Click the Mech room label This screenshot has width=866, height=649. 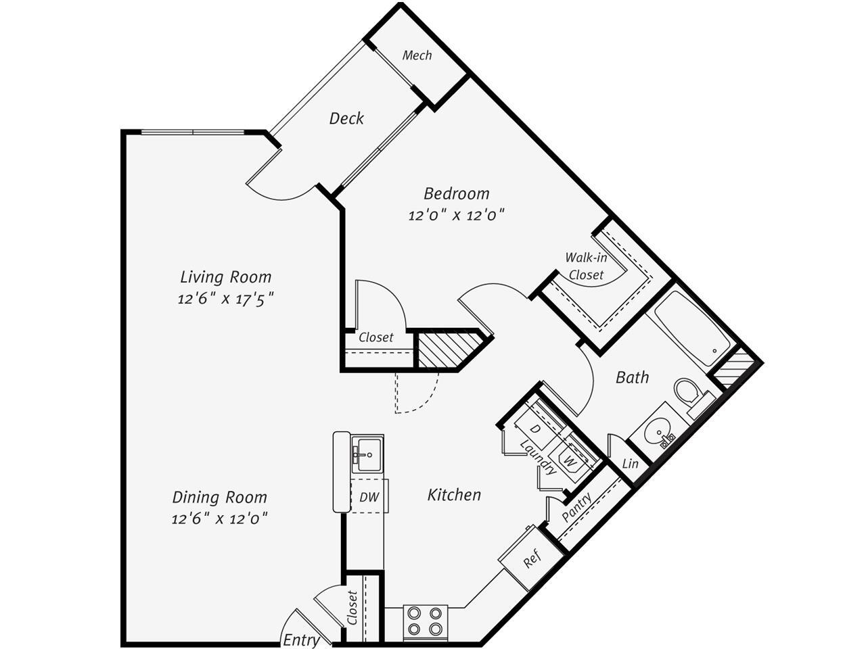(417, 55)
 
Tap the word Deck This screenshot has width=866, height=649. (346, 118)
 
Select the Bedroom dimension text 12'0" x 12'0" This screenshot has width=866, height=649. (457, 216)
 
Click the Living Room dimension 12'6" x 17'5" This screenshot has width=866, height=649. (225, 298)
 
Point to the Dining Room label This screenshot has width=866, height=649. (219, 497)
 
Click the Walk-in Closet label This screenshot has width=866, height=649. (586, 266)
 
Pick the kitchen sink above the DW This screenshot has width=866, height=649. (367, 451)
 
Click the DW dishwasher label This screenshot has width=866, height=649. (369, 497)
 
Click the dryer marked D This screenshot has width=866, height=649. (534, 429)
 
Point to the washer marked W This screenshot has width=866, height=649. (570, 462)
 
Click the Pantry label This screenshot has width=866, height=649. (577, 507)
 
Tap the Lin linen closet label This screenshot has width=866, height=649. (630, 464)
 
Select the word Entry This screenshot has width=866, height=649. (301, 640)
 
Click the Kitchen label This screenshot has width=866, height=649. (454, 495)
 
